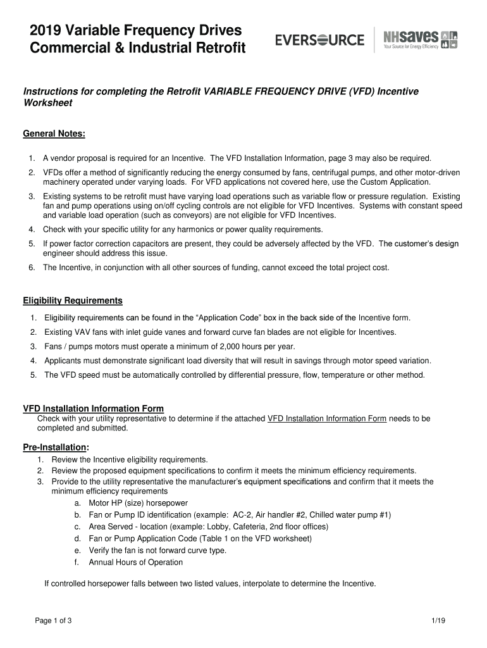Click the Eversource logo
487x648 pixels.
(319, 40)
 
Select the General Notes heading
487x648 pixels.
(54, 134)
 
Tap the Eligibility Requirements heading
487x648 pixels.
(73, 300)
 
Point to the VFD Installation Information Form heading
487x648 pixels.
(93, 409)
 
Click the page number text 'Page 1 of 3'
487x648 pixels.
(53, 621)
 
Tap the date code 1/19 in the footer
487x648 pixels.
(439, 621)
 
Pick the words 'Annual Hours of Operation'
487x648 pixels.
(135, 562)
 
